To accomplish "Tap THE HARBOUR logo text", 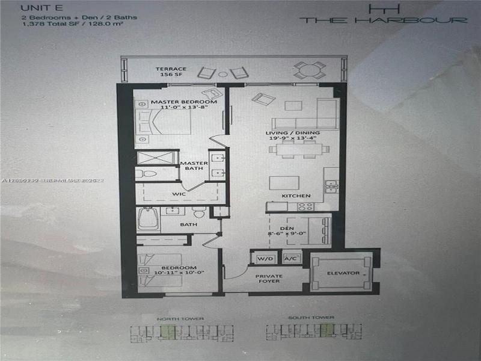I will [384, 20].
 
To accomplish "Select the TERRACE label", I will [171, 69].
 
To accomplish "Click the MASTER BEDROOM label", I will [175, 102].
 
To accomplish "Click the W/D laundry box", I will [265, 258].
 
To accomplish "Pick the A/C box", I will [290, 258].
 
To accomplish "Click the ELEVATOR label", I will [344, 273].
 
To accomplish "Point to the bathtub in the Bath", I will [147, 219].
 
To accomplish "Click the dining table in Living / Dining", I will [296, 147].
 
